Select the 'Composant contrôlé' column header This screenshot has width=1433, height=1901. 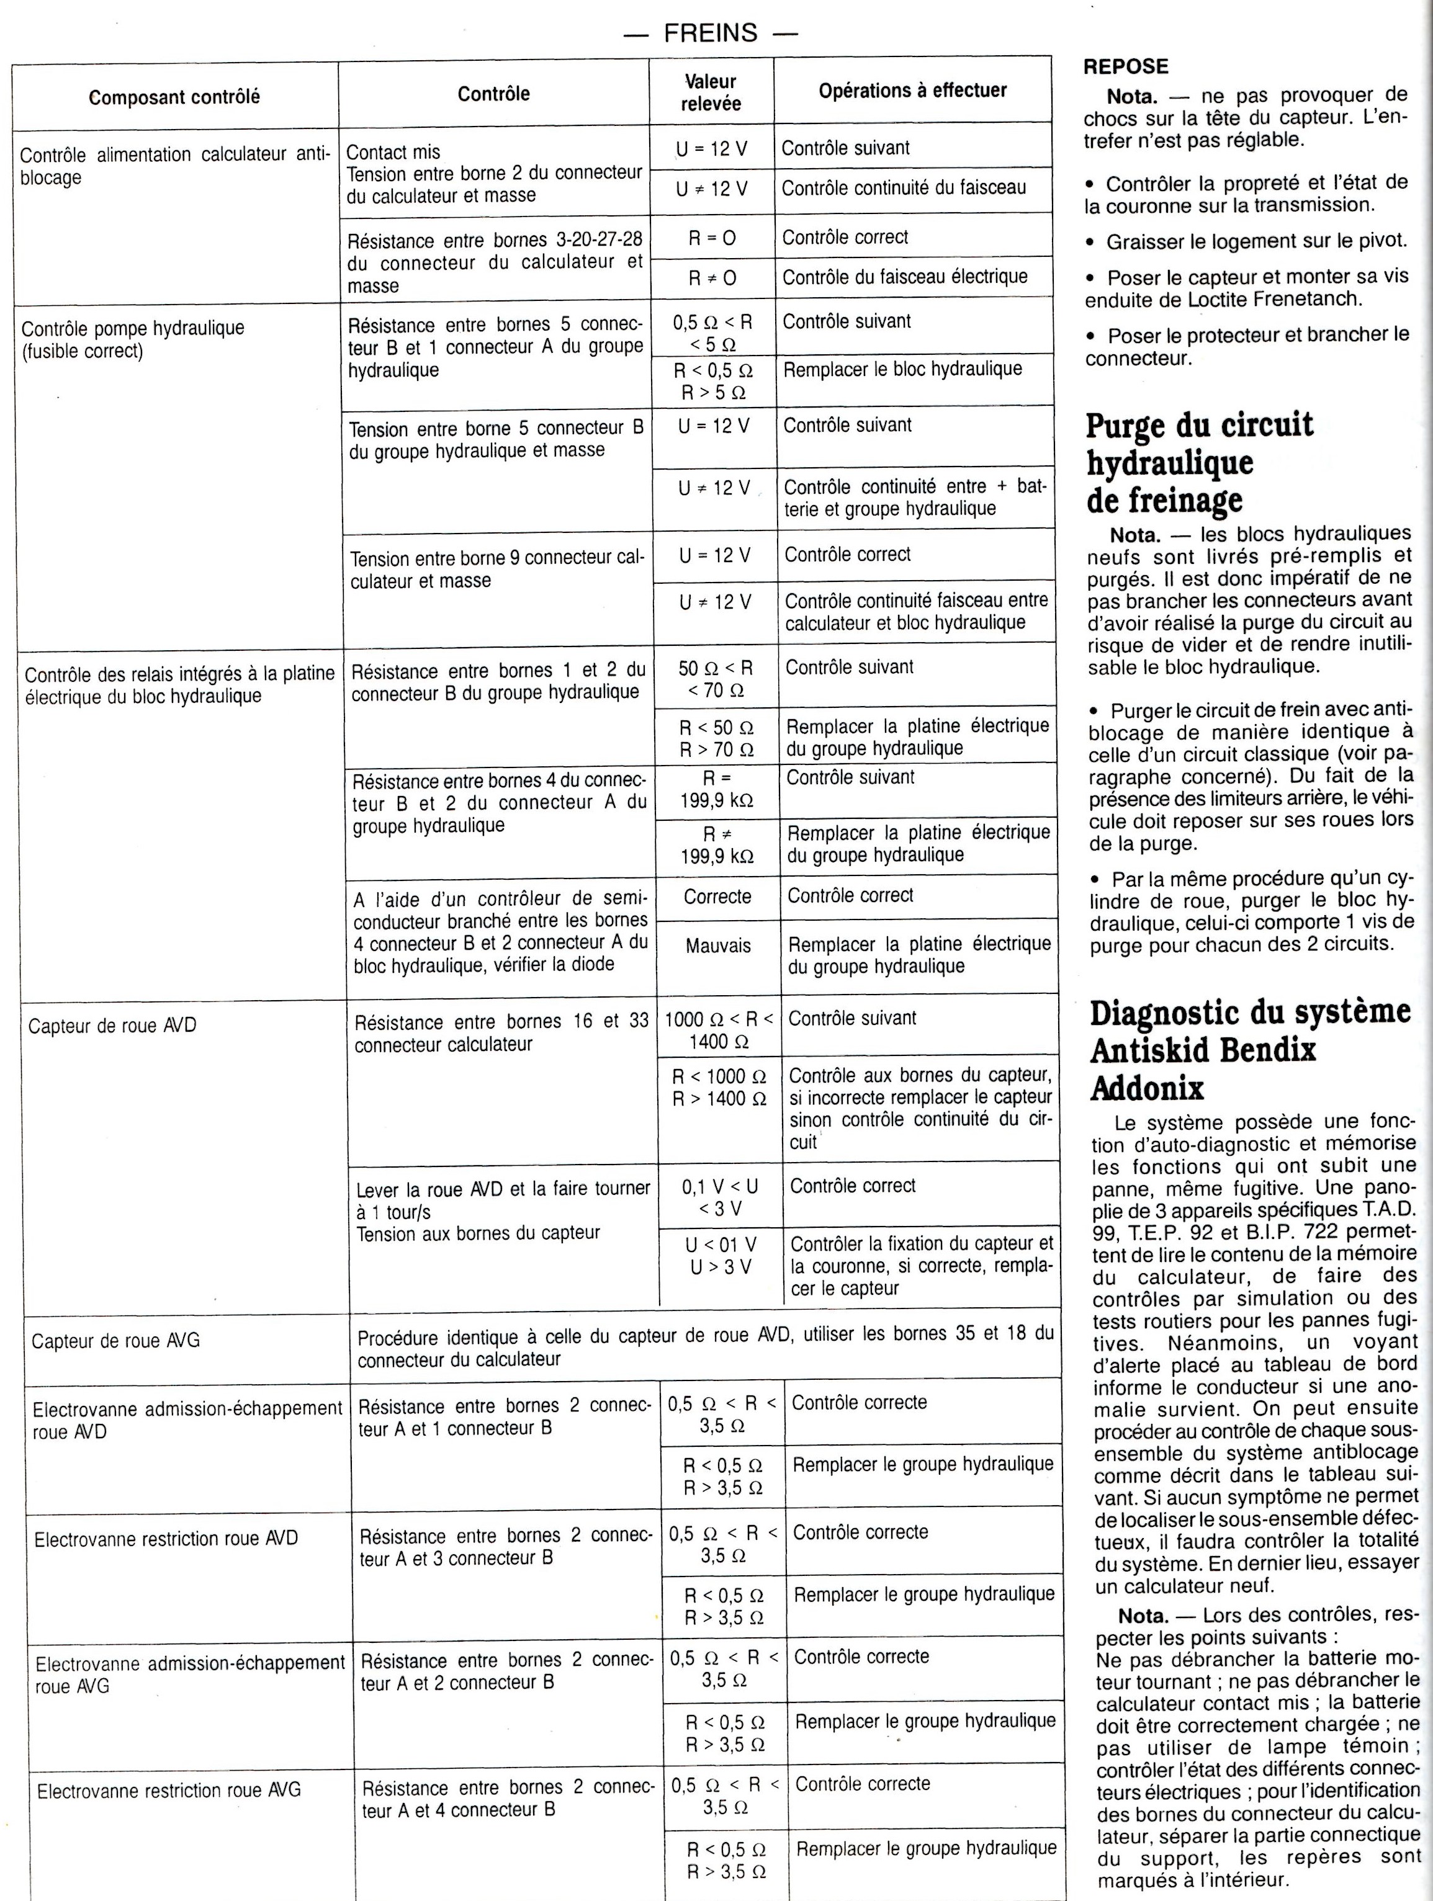click(x=174, y=97)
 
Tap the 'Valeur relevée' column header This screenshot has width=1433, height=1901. click(x=711, y=93)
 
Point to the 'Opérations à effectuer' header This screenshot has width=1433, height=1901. click(x=912, y=90)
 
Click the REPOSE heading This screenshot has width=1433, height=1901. click(x=1125, y=66)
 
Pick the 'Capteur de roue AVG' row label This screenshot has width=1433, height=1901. click(x=115, y=1341)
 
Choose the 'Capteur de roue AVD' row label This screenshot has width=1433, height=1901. click(x=112, y=1026)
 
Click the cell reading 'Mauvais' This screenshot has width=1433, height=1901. click(x=718, y=946)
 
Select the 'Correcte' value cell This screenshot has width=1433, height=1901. click(x=718, y=897)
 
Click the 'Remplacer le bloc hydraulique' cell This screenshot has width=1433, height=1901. click(x=902, y=370)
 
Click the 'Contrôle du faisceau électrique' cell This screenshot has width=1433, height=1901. click(x=904, y=277)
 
